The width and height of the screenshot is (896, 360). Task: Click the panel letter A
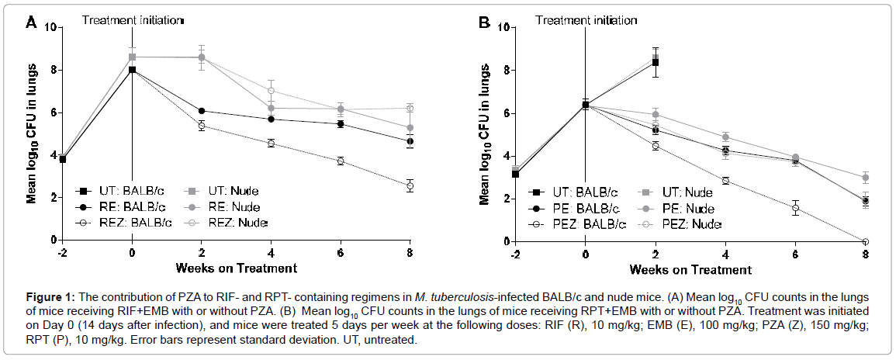(x=31, y=23)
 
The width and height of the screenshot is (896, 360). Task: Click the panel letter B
(x=484, y=23)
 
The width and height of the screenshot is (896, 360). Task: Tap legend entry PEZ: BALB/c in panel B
(x=579, y=224)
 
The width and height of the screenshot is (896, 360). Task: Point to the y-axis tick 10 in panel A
(x=50, y=27)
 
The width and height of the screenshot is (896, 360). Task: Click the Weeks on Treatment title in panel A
(x=237, y=268)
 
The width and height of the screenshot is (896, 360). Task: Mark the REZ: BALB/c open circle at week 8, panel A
(x=410, y=186)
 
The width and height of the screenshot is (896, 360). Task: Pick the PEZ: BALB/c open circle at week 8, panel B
(x=866, y=241)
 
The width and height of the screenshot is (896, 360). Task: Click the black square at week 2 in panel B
(x=656, y=62)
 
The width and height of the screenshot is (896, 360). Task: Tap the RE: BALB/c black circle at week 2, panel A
(x=202, y=111)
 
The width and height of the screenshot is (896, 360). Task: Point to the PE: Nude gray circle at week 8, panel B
(x=866, y=178)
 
